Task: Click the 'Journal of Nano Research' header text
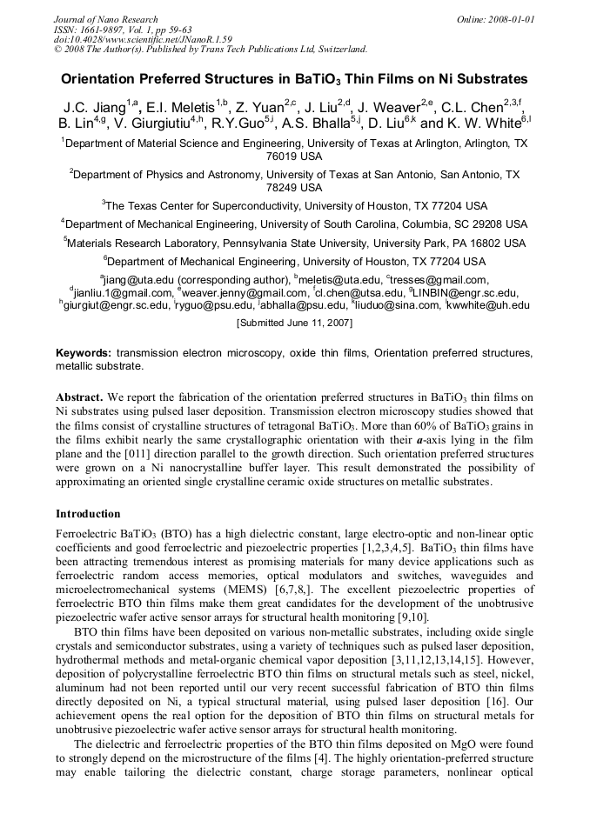point(105,19)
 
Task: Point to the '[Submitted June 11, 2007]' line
point(294,323)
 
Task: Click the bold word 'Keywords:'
point(84,353)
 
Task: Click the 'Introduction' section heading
point(88,513)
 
